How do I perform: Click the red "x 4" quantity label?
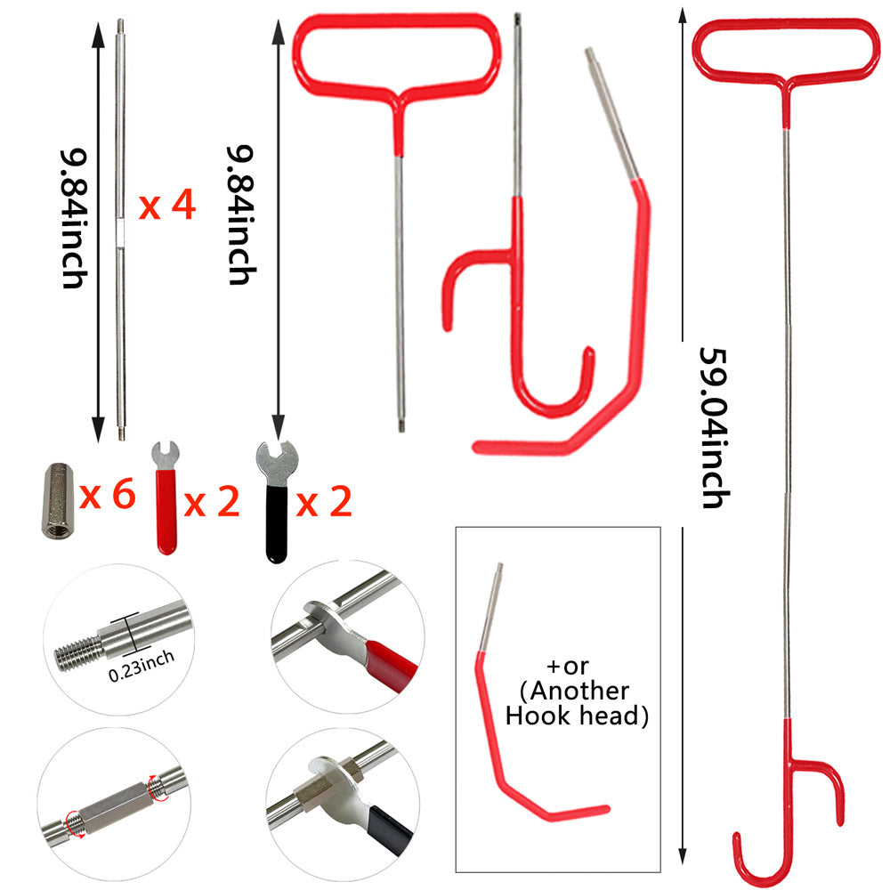[167, 206]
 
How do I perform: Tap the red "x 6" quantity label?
[108, 494]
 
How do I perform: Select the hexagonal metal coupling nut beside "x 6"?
[58, 500]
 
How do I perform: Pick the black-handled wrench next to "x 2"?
[277, 503]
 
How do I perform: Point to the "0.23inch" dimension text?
[142, 667]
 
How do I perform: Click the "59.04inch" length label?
[714, 427]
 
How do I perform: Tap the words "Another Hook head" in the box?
[577, 703]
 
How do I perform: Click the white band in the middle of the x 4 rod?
[120, 232]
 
